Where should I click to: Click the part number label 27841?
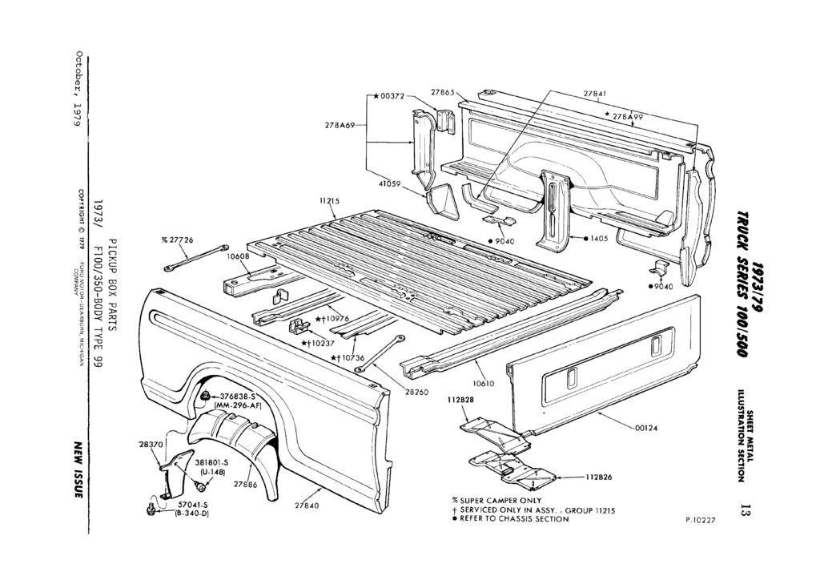tap(593, 94)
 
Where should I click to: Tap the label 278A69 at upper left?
tap(340, 125)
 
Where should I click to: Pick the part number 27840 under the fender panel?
tap(307, 505)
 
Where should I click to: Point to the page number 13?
tap(745, 509)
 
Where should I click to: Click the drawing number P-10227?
tap(701, 520)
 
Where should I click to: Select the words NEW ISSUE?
tap(79, 469)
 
